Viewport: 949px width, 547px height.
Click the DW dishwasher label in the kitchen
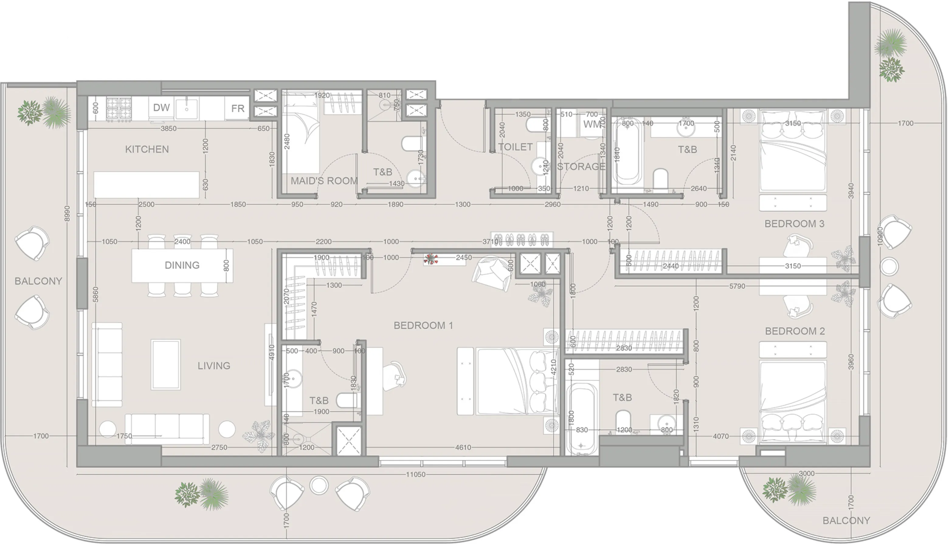(161, 108)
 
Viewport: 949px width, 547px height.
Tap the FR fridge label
(237, 109)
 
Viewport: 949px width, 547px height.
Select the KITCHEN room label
(147, 149)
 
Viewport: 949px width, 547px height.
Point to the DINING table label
(182, 266)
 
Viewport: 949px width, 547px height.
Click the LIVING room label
(214, 366)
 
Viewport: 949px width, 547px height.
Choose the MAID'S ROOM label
(324, 181)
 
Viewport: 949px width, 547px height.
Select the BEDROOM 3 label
(794, 224)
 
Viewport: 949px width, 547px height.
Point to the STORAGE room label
(581, 166)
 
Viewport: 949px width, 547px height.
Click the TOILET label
(515, 147)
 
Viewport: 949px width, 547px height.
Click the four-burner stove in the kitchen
(118, 109)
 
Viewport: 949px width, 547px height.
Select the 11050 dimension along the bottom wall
(416, 475)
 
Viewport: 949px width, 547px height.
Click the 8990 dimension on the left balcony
(67, 213)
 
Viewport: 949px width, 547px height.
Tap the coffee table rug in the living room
(165, 364)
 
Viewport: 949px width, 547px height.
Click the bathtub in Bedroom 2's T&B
(581, 419)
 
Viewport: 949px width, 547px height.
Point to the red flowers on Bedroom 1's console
(431, 259)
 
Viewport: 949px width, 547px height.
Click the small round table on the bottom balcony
(319, 485)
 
